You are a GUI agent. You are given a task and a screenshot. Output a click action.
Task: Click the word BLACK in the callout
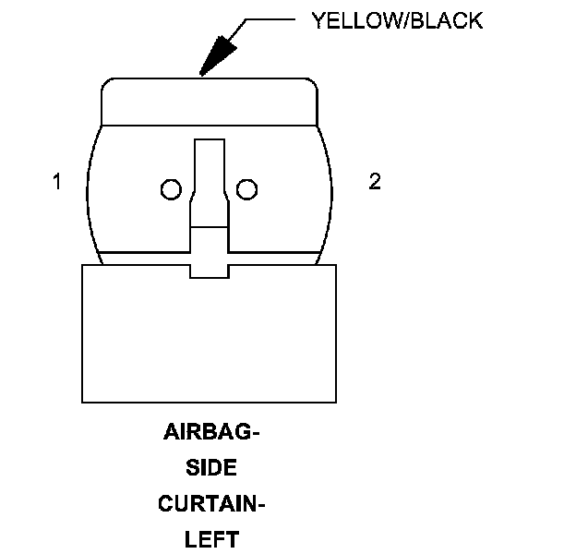tap(447, 21)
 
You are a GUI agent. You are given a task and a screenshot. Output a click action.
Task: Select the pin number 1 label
tap(57, 183)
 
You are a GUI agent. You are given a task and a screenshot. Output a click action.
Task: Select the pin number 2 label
tap(374, 183)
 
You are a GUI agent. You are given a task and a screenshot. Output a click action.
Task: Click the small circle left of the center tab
tap(169, 190)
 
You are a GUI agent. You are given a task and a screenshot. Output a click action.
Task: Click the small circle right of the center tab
tap(246, 190)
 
